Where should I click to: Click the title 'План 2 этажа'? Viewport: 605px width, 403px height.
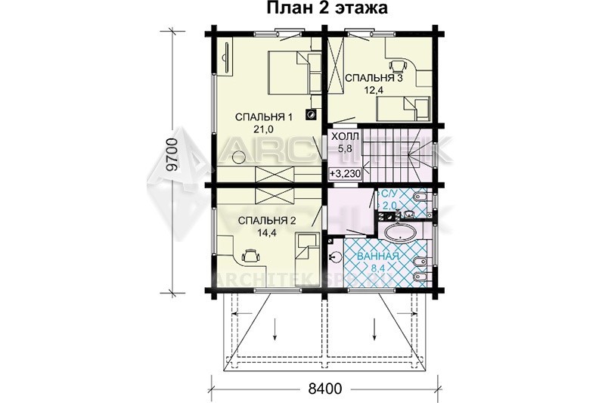point(327,8)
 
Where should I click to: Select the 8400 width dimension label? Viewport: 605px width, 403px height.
point(325,389)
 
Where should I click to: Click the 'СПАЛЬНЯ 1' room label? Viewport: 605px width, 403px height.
point(263,117)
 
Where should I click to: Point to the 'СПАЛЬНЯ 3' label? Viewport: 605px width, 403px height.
point(374,79)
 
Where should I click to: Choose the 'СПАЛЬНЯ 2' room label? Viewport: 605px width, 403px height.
point(267,221)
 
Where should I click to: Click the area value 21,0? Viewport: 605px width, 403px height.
point(263,129)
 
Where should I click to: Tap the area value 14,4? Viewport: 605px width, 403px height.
point(267,233)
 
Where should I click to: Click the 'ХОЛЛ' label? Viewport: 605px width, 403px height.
point(345,136)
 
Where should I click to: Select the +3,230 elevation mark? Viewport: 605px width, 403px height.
point(345,174)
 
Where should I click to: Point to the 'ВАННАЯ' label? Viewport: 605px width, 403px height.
point(377,256)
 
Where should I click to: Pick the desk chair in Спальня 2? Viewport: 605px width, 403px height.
point(250,255)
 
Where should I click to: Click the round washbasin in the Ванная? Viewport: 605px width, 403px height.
point(335,257)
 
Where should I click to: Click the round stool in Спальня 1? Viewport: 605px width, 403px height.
point(239,157)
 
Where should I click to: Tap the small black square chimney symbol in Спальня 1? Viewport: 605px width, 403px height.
point(312,114)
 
